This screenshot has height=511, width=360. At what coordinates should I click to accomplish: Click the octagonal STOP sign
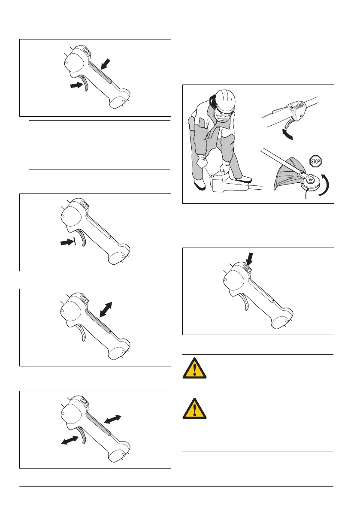(x=315, y=161)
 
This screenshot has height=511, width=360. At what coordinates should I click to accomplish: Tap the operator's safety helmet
(x=224, y=100)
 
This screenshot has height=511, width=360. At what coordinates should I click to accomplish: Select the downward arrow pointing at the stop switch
(x=249, y=259)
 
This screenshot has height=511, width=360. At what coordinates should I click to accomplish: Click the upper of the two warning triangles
(x=194, y=368)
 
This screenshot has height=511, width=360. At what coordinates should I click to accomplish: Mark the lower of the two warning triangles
(x=194, y=408)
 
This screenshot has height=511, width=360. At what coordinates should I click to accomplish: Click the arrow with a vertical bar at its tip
(x=68, y=242)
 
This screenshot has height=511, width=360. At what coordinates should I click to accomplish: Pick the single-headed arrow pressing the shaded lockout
(x=106, y=64)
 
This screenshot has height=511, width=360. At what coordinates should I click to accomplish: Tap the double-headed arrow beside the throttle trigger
(x=70, y=440)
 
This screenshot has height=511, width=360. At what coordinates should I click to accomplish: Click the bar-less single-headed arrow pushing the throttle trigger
(x=76, y=85)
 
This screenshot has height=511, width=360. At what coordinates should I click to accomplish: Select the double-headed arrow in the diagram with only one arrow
(x=106, y=309)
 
